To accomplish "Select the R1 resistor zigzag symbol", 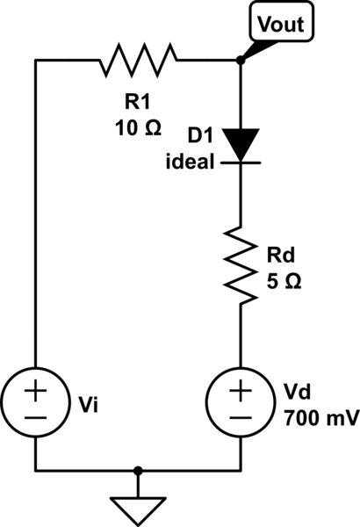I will [138, 61].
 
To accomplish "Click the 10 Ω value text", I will [138, 128].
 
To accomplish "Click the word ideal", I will [190, 163].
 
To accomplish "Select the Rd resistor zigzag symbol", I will [241, 263].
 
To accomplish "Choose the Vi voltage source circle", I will [35, 401].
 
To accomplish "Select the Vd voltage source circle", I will [241, 401].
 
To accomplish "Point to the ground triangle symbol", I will [138, 508].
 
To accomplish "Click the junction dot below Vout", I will [241, 61].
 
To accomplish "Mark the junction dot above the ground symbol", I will [138, 471].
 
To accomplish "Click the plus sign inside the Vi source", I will [35, 388].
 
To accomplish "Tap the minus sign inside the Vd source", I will [241, 418].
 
